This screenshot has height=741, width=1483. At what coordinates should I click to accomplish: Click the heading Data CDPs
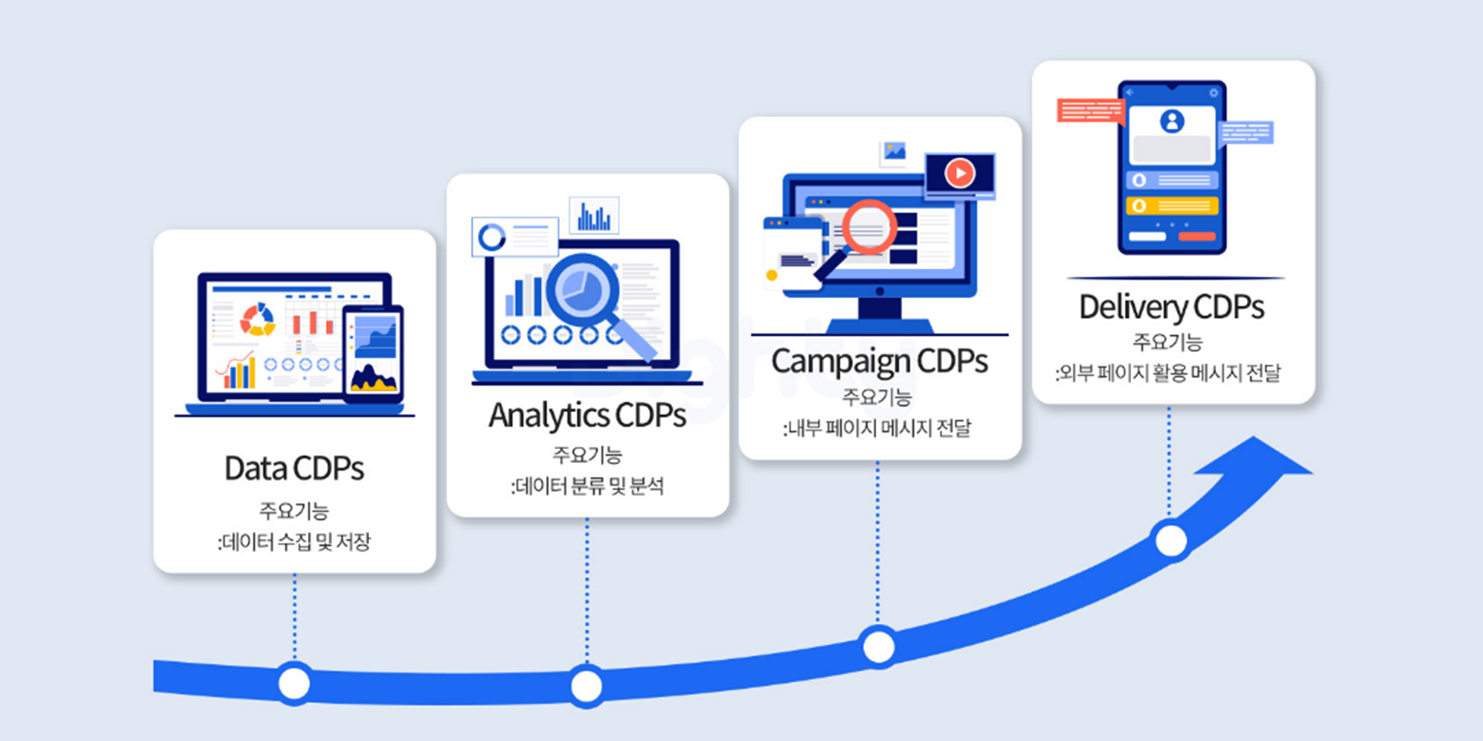(x=294, y=469)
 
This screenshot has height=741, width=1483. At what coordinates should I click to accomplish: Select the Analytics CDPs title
(x=587, y=416)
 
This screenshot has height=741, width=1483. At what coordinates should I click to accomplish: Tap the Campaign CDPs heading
(x=879, y=361)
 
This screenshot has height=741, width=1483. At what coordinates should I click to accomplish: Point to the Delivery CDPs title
(x=1171, y=307)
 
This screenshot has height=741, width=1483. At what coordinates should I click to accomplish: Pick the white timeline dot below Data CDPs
(x=294, y=683)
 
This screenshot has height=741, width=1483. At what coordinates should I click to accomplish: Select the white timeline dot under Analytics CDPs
(x=586, y=686)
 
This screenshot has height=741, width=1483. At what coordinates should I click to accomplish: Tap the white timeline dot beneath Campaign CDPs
(x=878, y=647)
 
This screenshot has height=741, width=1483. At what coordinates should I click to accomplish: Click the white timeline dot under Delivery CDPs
(x=1171, y=541)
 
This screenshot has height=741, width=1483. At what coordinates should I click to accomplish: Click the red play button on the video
(x=959, y=173)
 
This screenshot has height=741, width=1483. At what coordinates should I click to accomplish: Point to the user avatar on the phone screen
(x=1171, y=121)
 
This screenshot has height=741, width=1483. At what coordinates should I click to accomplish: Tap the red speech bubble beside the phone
(x=1090, y=111)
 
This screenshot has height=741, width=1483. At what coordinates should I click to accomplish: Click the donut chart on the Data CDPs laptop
(x=257, y=319)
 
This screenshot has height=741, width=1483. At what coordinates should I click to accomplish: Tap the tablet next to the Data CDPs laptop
(x=373, y=353)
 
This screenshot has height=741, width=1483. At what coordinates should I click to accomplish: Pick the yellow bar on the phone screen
(x=1171, y=206)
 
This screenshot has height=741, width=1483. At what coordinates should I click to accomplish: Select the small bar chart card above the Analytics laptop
(x=594, y=216)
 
